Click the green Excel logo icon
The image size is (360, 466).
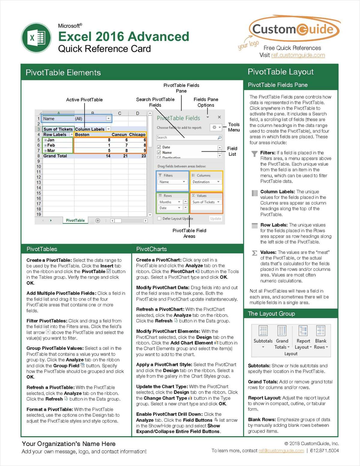coord(36,38)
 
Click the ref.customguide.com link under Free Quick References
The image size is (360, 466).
coord(298,55)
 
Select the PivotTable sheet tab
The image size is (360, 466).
coord(75,220)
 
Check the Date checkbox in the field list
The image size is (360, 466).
coord(159,147)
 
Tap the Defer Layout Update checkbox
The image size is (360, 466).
coord(159,218)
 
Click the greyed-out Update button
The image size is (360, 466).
coord(215,218)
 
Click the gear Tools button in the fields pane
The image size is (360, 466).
coord(214,127)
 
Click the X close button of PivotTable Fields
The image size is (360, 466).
coord(219,117)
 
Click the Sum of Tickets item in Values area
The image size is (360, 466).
coord(206,202)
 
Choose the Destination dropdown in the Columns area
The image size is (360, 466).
coord(206,182)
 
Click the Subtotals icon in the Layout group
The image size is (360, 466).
coord(263,331)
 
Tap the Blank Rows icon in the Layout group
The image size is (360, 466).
coord(321,331)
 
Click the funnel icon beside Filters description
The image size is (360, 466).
coord(254,154)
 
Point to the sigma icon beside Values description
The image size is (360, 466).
coord(254,253)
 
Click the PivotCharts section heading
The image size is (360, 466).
coord(151,249)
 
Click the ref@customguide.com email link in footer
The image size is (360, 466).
coord(281,451)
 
